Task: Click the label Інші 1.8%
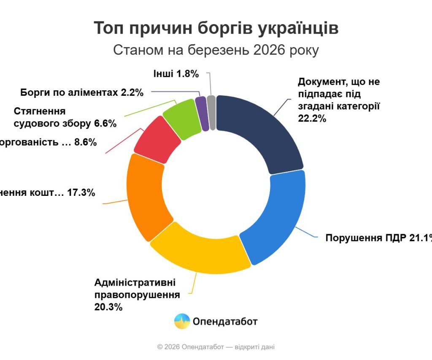coord(176,74)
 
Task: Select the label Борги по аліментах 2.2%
coord(82,92)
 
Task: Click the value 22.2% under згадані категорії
coord(312,118)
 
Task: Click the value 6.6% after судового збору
coord(105,124)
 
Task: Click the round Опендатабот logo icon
coord(182,322)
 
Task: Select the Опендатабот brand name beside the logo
coord(225,322)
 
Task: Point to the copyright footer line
coord(216,347)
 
